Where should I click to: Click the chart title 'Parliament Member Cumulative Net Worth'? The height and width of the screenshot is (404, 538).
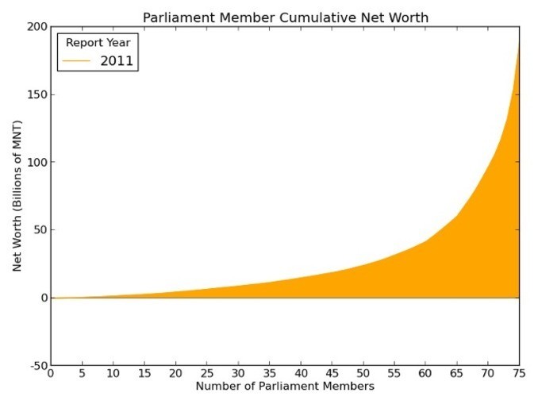pyautogui.click(x=286, y=17)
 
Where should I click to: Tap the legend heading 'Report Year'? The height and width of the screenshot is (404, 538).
pyautogui.click(x=98, y=43)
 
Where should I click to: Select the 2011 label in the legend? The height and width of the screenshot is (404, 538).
pyautogui.click(x=117, y=60)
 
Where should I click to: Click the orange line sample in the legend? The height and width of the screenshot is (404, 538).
pyautogui.click(x=79, y=60)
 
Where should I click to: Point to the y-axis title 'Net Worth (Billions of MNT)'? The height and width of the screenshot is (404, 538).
pyautogui.click(x=17, y=195)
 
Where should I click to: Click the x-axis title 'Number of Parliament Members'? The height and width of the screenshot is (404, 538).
pyautogui.click(x=286, y=387)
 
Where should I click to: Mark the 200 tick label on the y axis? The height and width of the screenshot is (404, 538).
pyautogui.click(x=36, y=27)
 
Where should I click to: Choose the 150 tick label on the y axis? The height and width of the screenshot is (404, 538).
pyautogui.click(x=36, y=95)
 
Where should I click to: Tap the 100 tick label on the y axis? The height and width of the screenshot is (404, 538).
pyautogui.click(x=36, y=163)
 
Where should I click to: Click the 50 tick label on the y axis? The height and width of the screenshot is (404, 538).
pyautogui.click(x=39, y=230)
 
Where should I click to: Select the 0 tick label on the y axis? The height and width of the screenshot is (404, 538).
pyautogui.click(x=42, y=298)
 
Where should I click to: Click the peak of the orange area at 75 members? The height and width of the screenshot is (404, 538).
pyautogui.click(x=519, y=43)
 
